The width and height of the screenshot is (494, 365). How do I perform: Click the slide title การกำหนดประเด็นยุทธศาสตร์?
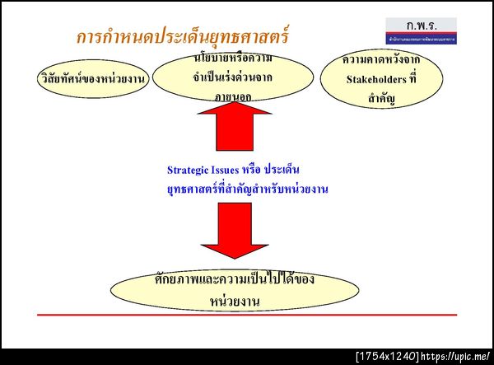pos(183,37)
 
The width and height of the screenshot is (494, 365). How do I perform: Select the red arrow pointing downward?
pos(235,231)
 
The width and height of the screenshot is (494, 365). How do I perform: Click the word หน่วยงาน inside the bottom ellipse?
pos(235,300)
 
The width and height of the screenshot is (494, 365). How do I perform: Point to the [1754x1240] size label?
pos(386,357)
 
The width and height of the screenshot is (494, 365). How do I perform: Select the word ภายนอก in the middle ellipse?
pos(235,96)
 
